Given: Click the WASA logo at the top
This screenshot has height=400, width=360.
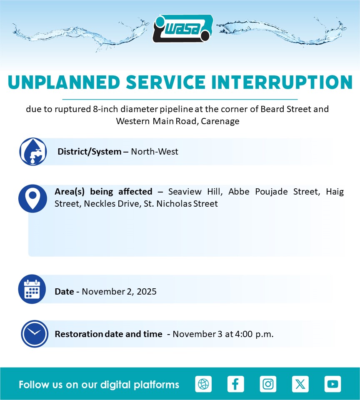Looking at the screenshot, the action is (x=183, y=28).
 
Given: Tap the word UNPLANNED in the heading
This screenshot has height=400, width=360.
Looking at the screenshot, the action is (x=64, y=82).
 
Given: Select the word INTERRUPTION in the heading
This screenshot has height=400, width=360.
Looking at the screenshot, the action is (x=282, y=82).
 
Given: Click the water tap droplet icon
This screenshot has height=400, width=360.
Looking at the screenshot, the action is (x=33, y=152).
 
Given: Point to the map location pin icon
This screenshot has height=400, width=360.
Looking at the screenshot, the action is (x=32, y=198).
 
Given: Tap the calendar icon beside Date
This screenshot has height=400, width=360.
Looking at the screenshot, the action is (x=32, y=289).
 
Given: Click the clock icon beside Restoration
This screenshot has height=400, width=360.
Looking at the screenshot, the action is (x=35, y=334).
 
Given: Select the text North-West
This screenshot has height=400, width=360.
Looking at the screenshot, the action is (x=154, y=152).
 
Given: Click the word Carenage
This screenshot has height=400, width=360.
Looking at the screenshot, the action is (x=220, y=121).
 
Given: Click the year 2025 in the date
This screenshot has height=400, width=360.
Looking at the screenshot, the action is (x=146, y=291).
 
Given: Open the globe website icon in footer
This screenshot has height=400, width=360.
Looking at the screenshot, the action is (x=203, y=384).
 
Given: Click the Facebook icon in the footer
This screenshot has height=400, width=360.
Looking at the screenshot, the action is (x=235, y=384).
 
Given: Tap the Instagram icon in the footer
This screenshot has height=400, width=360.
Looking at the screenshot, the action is (x=268, y=384).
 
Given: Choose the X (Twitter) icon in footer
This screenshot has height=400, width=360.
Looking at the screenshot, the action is (x=300, y=384).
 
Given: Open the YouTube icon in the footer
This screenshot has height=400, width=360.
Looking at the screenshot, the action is (x=332, y=384).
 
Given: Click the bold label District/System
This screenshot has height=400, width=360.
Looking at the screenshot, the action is (x=90, y=152).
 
